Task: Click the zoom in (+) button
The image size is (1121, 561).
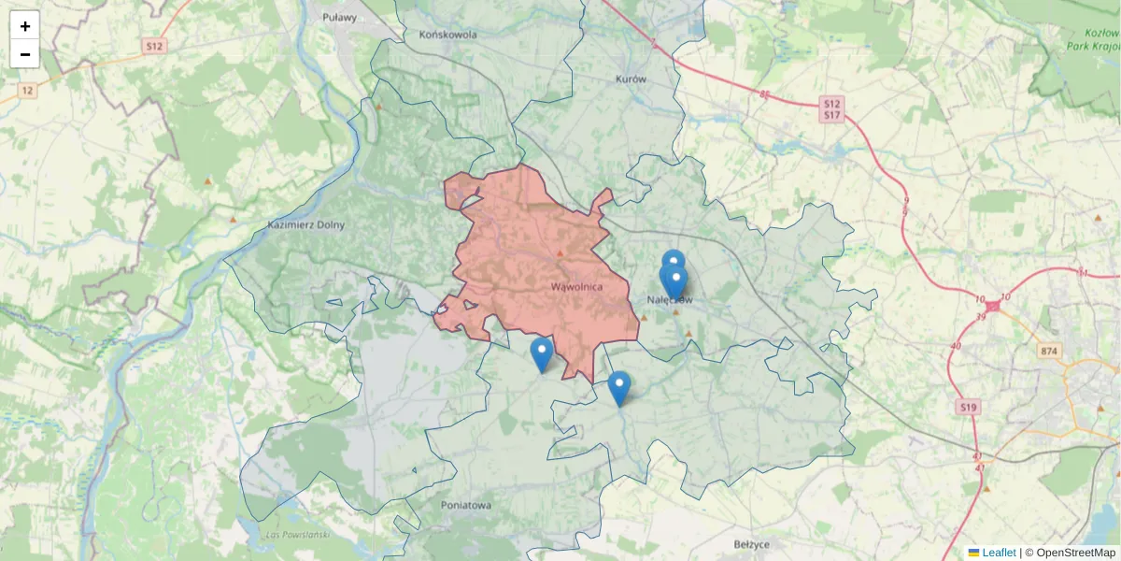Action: coord(25,25)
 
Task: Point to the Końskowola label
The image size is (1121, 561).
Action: coord(448,35)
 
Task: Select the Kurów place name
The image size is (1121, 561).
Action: coord(631,79)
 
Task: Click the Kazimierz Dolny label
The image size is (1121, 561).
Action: coord(305,224)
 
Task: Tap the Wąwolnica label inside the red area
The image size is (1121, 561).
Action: coord(576,286)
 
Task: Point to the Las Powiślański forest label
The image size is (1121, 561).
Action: coord(299,534)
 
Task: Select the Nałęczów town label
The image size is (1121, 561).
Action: coord(670,300)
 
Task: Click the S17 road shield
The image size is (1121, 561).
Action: coord(831,115)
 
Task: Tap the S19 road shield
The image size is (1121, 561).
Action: coord(967,407)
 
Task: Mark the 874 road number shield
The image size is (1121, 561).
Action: coord(1049,350)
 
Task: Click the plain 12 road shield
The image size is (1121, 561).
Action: coord(28,91)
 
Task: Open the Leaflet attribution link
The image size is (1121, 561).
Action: coord(998,553)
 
